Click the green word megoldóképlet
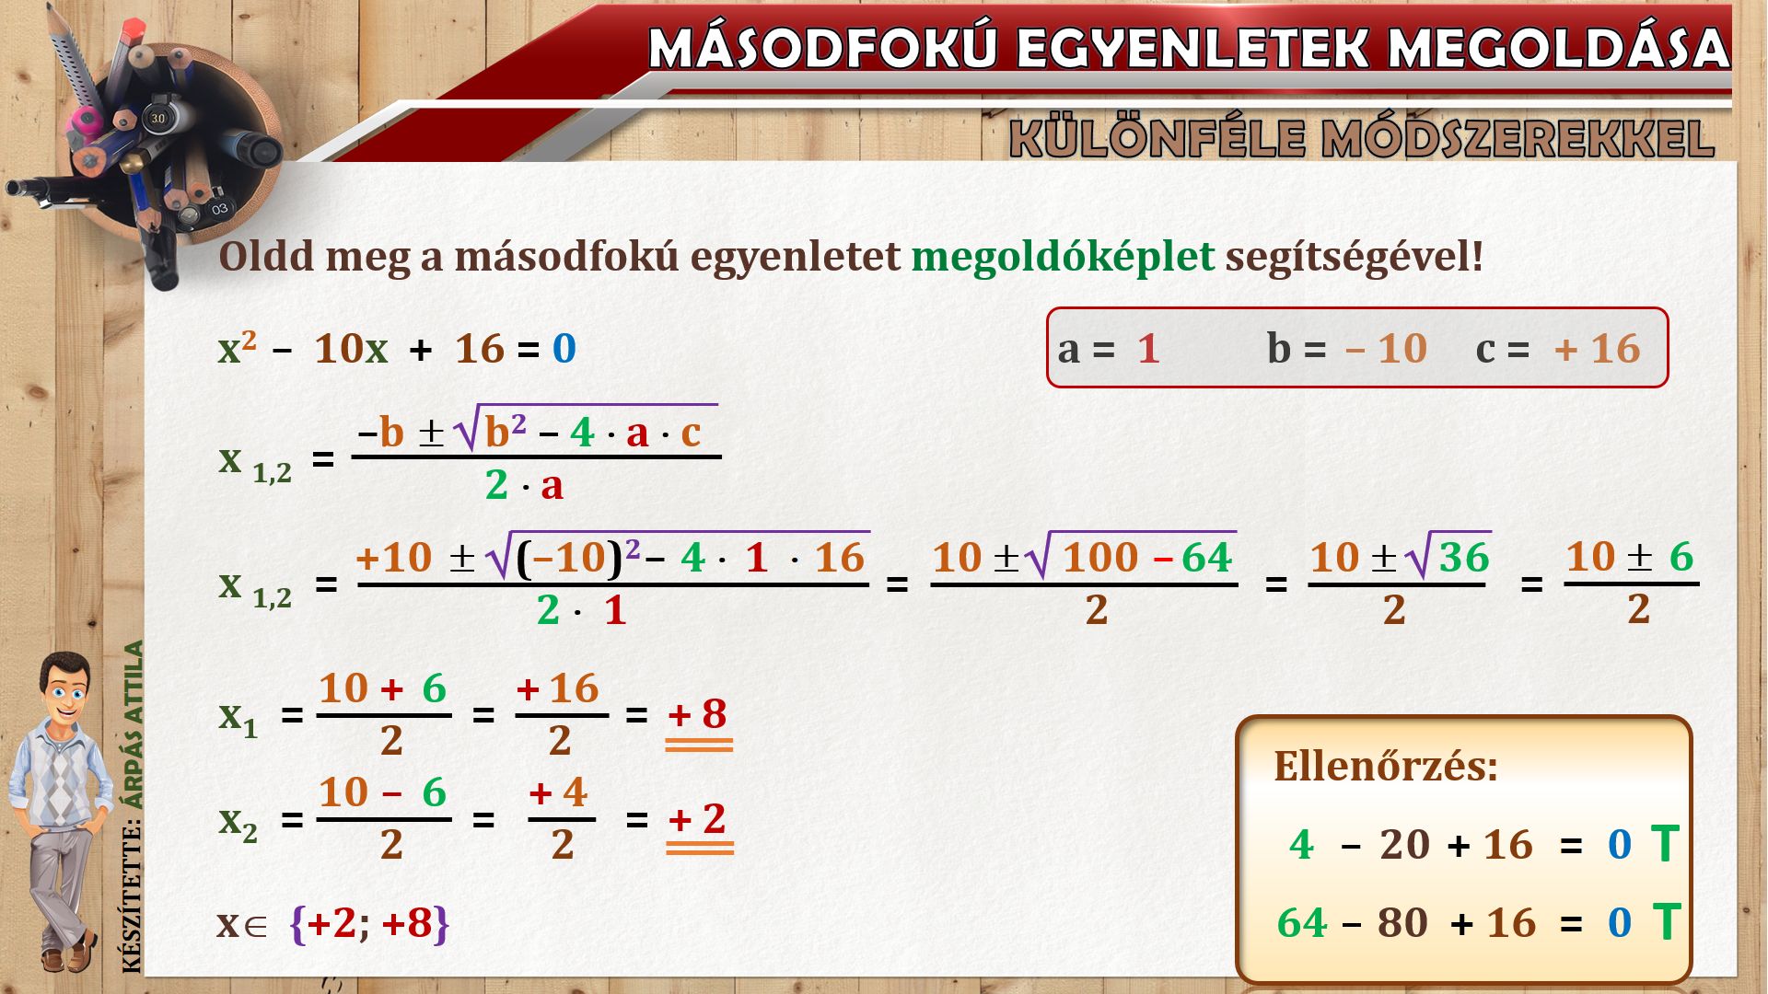tap(1063, 257)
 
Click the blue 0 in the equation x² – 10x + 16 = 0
tap(564, 349)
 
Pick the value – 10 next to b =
tap(1386, 349)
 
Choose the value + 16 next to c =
tap(1598, 349)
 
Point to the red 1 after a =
tap(1147, 349)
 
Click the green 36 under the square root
tap(1464, 558)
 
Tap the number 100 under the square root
tap(1100, 558)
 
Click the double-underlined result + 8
tap(698, 714)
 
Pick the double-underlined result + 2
tap(698, 819)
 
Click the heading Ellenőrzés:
tap(1386, 766)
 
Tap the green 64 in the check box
tap(1302, 922)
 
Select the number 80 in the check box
tap(1402, 922)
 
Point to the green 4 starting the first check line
tap(1301, 844)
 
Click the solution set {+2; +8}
tap(369, 923)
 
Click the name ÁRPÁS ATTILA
tap(134, 724)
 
